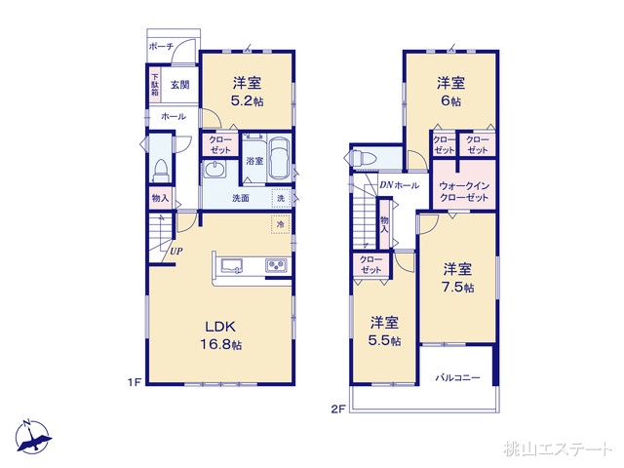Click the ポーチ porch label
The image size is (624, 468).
pos(161,47)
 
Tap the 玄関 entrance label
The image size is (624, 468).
pos(179,85)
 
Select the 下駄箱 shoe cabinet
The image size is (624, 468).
pos(154,85)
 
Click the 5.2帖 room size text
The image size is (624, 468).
pos(247,101)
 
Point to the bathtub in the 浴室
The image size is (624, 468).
pos(279,159)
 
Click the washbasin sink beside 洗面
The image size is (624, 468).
pos(214,170)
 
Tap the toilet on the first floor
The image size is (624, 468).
pos(161,171)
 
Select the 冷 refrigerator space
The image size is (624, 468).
pos(281,225)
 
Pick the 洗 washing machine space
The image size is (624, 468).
pos(281,198)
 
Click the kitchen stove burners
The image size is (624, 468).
pos(276,265)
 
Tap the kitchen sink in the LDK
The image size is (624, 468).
pos(232,265)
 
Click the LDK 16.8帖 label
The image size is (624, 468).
pos(220,335)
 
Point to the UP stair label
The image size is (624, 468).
pos(176,252)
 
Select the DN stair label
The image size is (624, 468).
pos(386,184)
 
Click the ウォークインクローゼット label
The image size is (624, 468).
pos(464,191)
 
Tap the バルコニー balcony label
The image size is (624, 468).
pos(457,377)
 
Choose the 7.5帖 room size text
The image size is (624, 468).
pos(458,287)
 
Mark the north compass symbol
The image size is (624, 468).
pos(33,437)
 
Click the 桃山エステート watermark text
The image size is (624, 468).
pos(557,448)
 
